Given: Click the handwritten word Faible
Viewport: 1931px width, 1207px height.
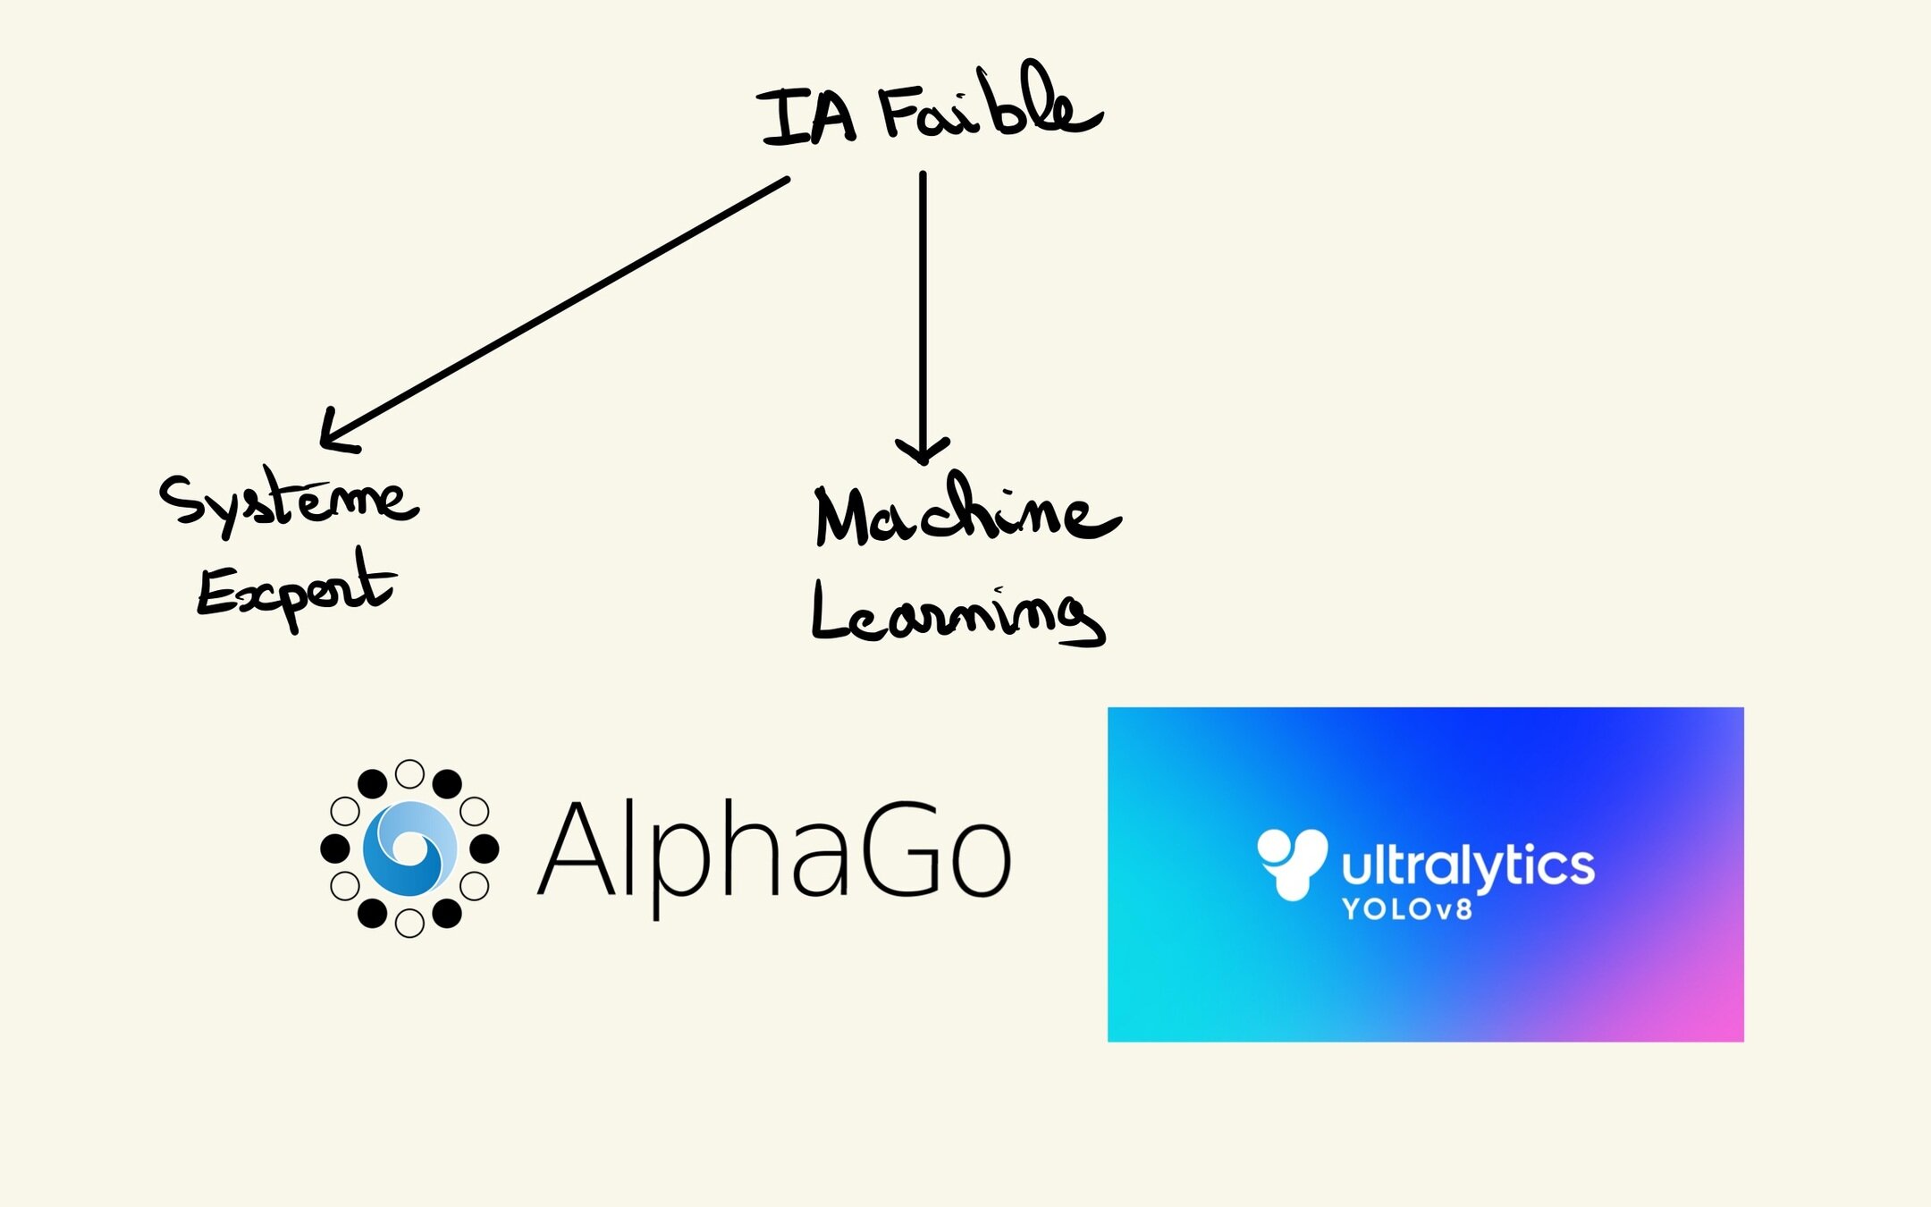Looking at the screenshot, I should click(988, 107).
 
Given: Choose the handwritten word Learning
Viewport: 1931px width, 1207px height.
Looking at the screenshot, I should click(957, 613).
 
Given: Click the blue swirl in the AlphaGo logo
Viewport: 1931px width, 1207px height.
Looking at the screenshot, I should click(409, 848).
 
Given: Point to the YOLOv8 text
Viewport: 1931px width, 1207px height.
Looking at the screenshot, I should click(1406, 910).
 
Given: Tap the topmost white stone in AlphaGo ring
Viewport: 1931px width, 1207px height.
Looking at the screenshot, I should click(409, 773).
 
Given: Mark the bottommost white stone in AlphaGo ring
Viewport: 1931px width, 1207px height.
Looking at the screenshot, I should click(409, 923).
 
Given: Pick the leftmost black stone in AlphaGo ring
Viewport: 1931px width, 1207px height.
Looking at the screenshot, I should click(334, 848).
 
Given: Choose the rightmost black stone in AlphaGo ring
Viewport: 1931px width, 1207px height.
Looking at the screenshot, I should click(485, 848).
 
